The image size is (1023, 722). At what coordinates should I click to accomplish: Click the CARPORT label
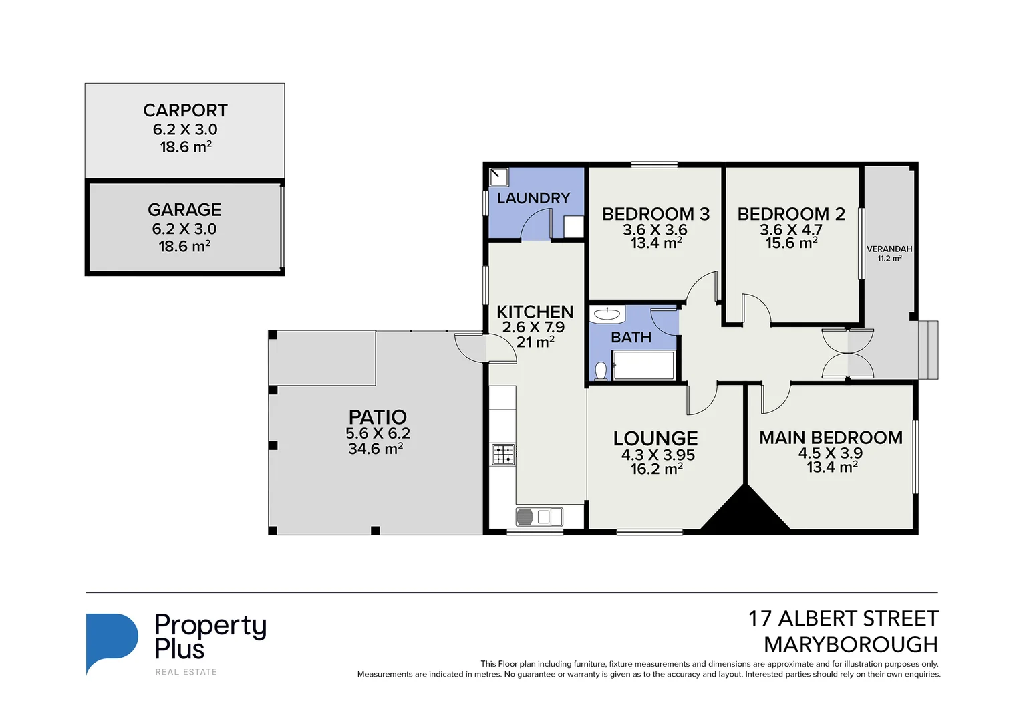(x=185, y=110)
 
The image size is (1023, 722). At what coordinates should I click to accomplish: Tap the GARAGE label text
(x=184, y=209)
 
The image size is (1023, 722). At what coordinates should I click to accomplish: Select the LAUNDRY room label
(x=533, y=198)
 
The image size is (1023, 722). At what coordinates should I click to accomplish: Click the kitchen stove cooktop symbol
(x=503, y=455)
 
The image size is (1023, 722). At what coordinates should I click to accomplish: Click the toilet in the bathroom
(x=601, y=370)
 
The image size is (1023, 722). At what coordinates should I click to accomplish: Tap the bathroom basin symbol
(x=607, y=314)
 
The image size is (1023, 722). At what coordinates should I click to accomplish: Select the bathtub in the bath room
(x=643, y=366)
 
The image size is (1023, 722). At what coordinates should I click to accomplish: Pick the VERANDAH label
(x=889, y=249)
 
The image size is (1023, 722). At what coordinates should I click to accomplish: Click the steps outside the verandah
(x=928, y=350)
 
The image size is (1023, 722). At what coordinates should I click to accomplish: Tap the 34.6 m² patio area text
(x=375, y=449)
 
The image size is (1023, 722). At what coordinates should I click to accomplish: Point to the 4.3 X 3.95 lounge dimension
(x=657, y=455)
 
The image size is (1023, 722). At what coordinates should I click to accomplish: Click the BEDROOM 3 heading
(x=655, y=214)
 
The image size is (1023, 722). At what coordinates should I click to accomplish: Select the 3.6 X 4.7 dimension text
(x=791, y=230)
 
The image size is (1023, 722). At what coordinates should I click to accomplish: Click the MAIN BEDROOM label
(x=831, y=437)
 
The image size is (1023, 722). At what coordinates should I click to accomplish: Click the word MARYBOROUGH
(x=851, y=644)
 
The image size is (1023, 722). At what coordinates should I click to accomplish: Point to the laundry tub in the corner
(x=499, y=177)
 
